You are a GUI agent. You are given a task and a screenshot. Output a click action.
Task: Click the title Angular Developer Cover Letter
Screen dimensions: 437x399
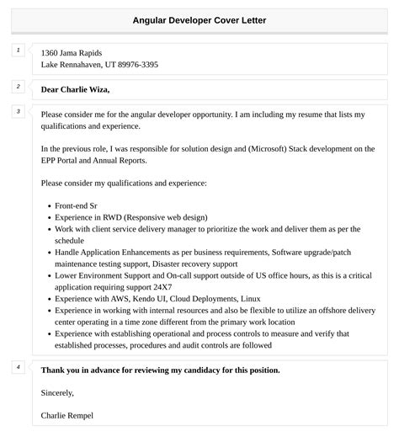coord(199,20)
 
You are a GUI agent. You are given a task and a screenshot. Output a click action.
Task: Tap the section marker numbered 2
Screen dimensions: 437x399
coord(18,87)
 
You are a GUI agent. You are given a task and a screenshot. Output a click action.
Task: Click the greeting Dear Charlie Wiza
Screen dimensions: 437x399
coord(75,89)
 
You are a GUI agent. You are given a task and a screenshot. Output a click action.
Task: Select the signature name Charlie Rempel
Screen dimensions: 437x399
coord(67,415)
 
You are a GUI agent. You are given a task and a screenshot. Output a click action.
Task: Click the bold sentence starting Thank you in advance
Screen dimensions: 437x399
coord(160,370)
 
